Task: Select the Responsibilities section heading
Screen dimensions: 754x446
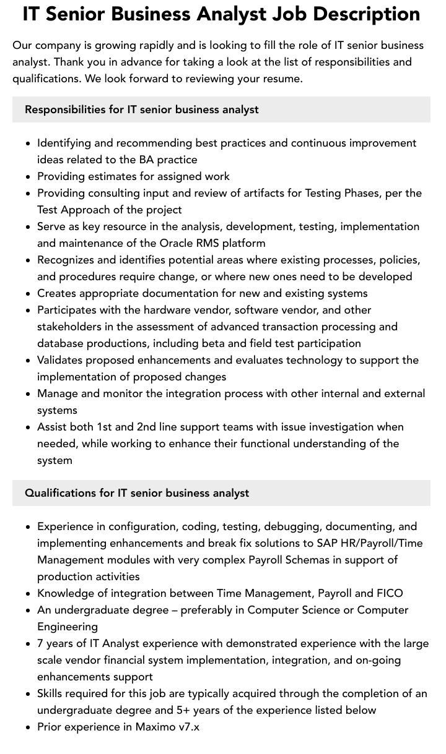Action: (142, 109)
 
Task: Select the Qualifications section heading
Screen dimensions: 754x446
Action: (137, 493)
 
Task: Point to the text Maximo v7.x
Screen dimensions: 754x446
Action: (167, 727)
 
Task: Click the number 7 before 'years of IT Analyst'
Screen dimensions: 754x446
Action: (40, 643)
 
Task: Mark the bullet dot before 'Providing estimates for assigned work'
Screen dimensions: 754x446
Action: (28, 177)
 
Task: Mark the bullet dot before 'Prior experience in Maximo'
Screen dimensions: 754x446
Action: (28, 727)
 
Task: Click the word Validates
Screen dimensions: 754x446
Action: (59, 360)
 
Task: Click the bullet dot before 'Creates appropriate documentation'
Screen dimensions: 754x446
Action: (28, 294)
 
